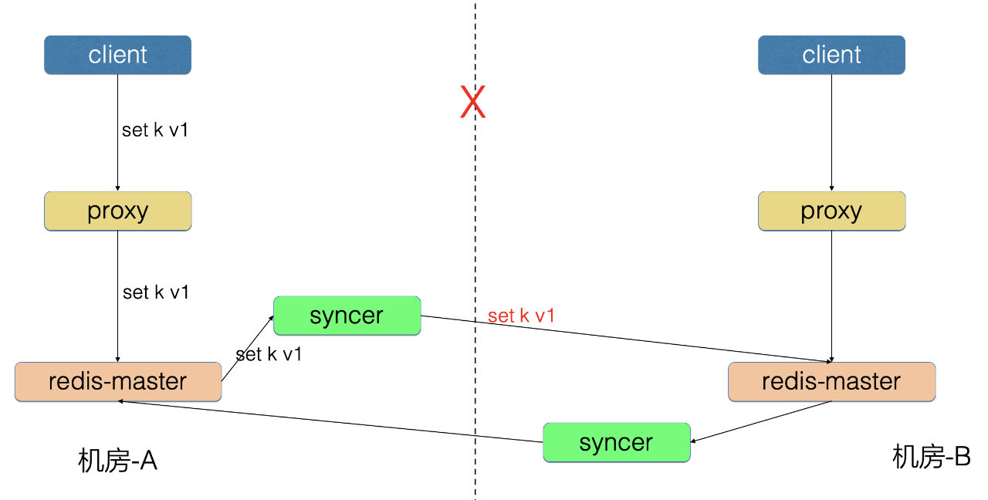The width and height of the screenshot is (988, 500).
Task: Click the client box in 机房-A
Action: [118, 55]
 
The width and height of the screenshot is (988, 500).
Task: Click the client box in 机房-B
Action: [831, 55]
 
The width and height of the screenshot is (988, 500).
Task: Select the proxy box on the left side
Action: [118, 211]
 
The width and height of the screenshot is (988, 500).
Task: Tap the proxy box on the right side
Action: [832, 211]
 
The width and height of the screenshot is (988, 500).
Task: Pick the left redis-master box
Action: [118, 382]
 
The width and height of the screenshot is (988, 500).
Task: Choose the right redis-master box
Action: [832, 382]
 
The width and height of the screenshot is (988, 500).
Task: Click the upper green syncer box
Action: [347, 316]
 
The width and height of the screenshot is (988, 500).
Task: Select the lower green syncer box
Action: [617, 442]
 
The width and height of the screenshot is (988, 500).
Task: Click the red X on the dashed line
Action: [473, 102]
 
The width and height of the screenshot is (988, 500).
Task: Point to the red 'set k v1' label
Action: [521, 316]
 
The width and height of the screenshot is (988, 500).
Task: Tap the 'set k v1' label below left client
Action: [155, 130]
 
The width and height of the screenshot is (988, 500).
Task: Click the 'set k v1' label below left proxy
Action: [156, 292]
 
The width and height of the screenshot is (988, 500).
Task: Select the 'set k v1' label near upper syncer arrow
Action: [269, 354]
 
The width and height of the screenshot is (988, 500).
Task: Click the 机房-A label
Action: [117, 461]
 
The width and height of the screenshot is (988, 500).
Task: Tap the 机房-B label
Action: [932, 457]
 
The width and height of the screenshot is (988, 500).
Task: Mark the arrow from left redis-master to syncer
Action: [248, 348]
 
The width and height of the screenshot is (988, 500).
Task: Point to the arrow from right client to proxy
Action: [832, 133]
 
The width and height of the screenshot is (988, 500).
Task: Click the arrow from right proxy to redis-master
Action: [832, 296]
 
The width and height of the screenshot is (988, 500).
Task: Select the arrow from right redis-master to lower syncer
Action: [761, 421]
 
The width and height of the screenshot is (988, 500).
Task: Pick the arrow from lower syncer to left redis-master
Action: [330, 421]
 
